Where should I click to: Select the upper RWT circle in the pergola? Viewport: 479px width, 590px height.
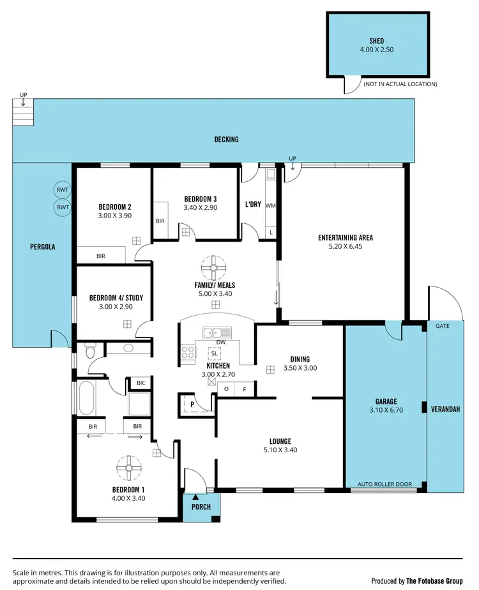click(62, 190)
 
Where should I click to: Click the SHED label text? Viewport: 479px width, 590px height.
click(376, 41)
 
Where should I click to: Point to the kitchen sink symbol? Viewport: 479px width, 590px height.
click(212, 332)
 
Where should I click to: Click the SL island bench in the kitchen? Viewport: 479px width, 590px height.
click(215, 353)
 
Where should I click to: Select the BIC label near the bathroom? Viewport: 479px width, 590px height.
click(141, 383)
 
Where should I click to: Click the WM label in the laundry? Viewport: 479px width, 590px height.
click(270, 206)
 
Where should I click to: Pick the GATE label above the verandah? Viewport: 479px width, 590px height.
click(443, 326)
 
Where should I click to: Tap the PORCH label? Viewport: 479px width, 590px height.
click(200, 507)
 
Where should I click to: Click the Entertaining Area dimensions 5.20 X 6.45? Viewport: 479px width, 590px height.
click(345, 246)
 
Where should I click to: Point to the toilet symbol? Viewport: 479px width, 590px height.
click(90, 351)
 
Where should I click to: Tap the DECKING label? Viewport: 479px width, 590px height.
click(226, 139)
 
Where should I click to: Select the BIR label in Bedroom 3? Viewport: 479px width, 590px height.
click(160, 221)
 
